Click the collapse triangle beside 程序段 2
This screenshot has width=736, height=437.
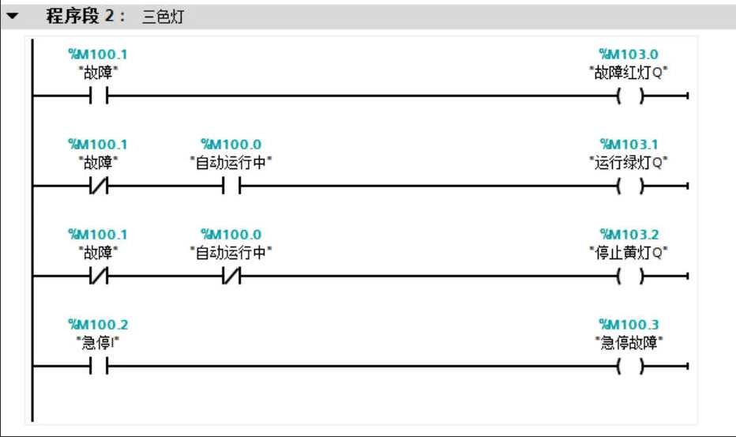(x=13, y=16)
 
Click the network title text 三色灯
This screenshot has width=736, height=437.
(x=163, y=17)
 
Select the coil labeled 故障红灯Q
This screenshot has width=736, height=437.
(x=629, y=96)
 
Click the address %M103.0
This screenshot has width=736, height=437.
(x=629, y=55)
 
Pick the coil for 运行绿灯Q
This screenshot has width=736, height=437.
(x=629, y=186)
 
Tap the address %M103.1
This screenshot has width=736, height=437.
(x=629, y=145)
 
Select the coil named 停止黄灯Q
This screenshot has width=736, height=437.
(x=629, y=277)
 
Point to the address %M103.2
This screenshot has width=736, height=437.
(x=629, y=235)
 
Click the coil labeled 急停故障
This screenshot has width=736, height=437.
(x=629, y=367)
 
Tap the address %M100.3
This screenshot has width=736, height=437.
(x=629, y=325)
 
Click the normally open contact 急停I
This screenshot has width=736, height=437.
(x=99, y=367)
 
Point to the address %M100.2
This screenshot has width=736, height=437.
(x=98, y=325)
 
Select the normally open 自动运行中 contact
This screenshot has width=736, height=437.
(x=231, y=186)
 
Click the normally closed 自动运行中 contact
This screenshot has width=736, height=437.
(x=231, y=277)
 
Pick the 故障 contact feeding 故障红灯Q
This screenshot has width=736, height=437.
(x=99, y=96)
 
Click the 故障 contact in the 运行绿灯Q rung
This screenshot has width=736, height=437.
(x=99, y=186)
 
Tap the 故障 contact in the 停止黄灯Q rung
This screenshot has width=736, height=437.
(x=99, y=277)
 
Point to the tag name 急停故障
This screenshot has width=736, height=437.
(x=629, y=343)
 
